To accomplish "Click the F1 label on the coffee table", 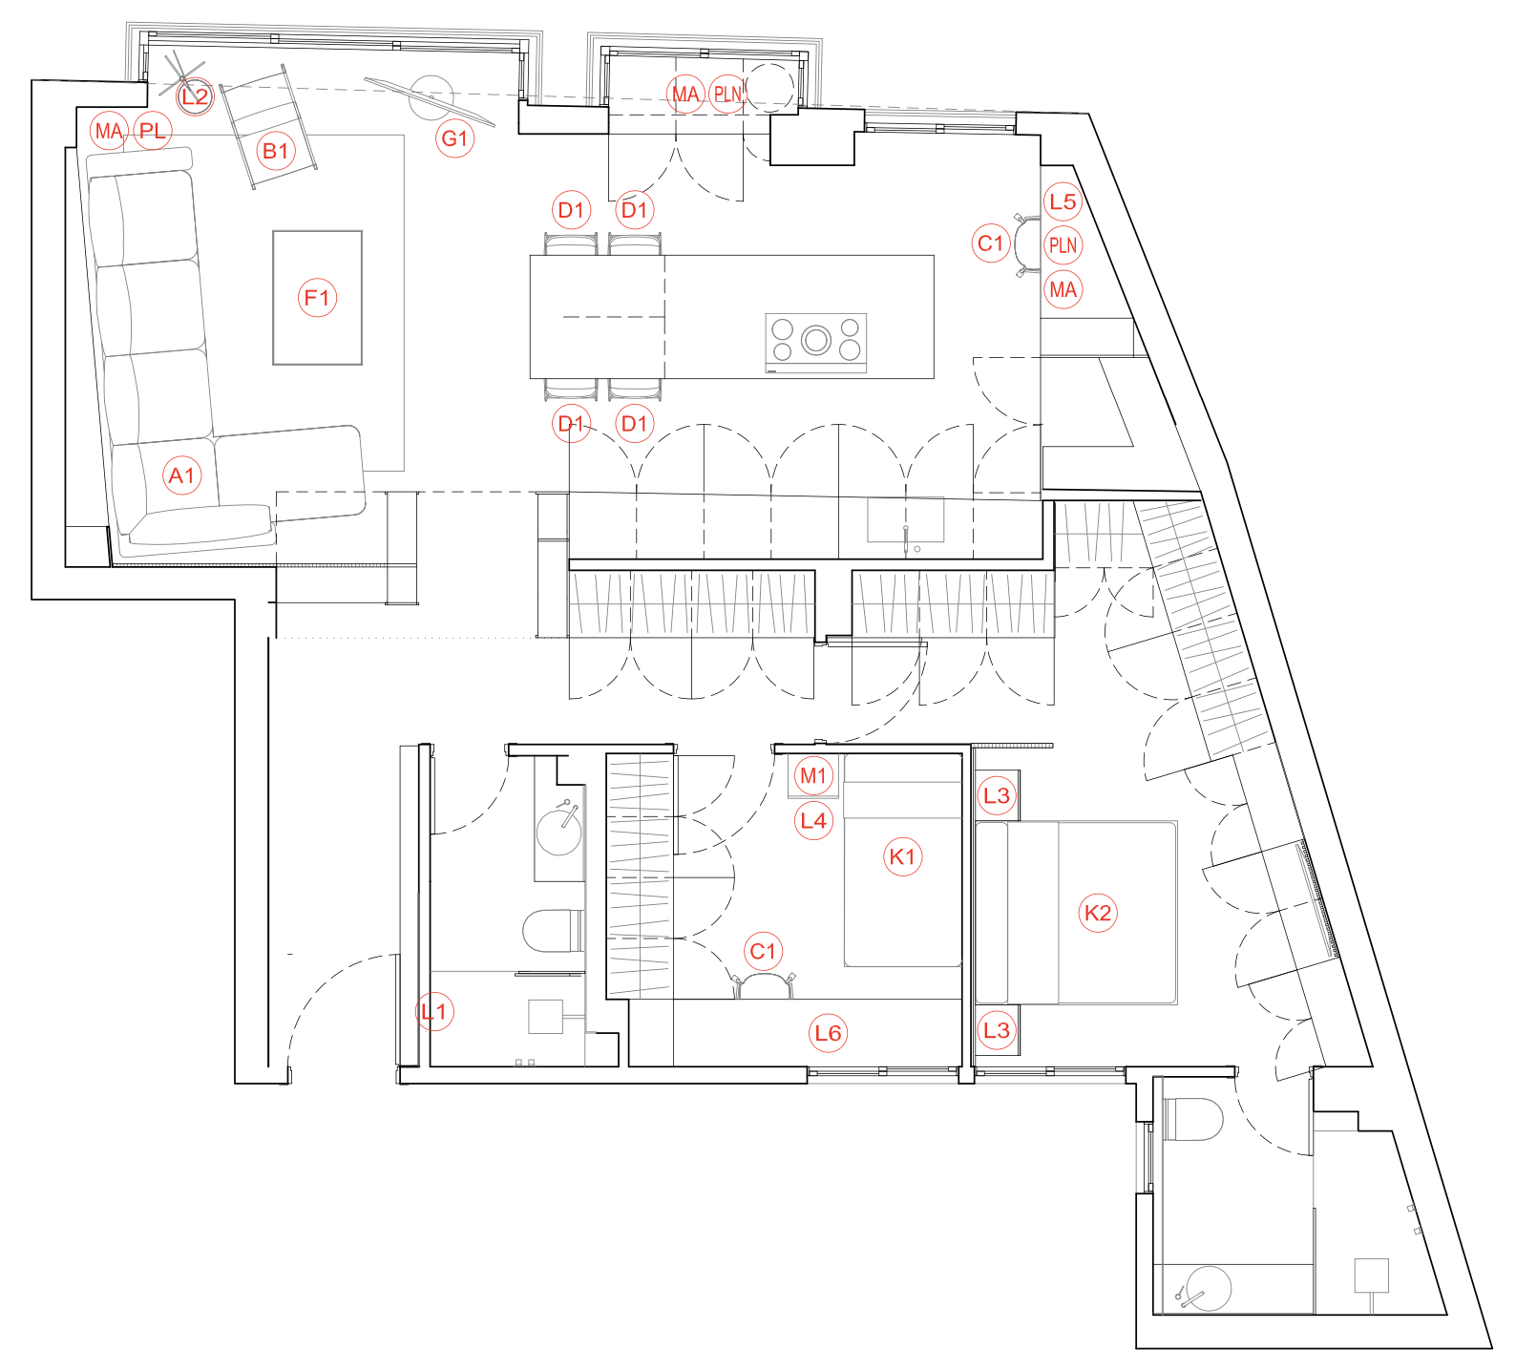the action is [x=317, y=298].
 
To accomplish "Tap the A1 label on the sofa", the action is [x=182, y=475].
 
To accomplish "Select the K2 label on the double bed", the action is [x=1098, y=913].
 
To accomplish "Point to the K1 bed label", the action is [x=902, y=856].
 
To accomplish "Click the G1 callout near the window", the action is [x=455, y=138].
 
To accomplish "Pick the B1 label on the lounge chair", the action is [x=276, y=151].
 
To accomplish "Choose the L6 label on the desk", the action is [x=828, y=1032].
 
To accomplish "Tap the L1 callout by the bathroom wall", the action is [x=433, y=1010].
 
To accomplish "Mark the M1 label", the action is [x=813, y=775].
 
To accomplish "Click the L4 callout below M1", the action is [x=813, y=820].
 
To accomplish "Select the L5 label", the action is [x=1063, y=201].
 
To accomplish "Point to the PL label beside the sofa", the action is [x=153, y=131].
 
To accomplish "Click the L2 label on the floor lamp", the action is [x=195, y=95].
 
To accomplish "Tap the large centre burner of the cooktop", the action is [x=816, y=339].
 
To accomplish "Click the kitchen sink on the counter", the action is [x=906, y=520].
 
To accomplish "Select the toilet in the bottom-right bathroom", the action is [x=1192, y=1119].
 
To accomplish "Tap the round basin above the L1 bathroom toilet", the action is [x=559, y=831].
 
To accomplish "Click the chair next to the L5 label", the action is [x=1027, y=246].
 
